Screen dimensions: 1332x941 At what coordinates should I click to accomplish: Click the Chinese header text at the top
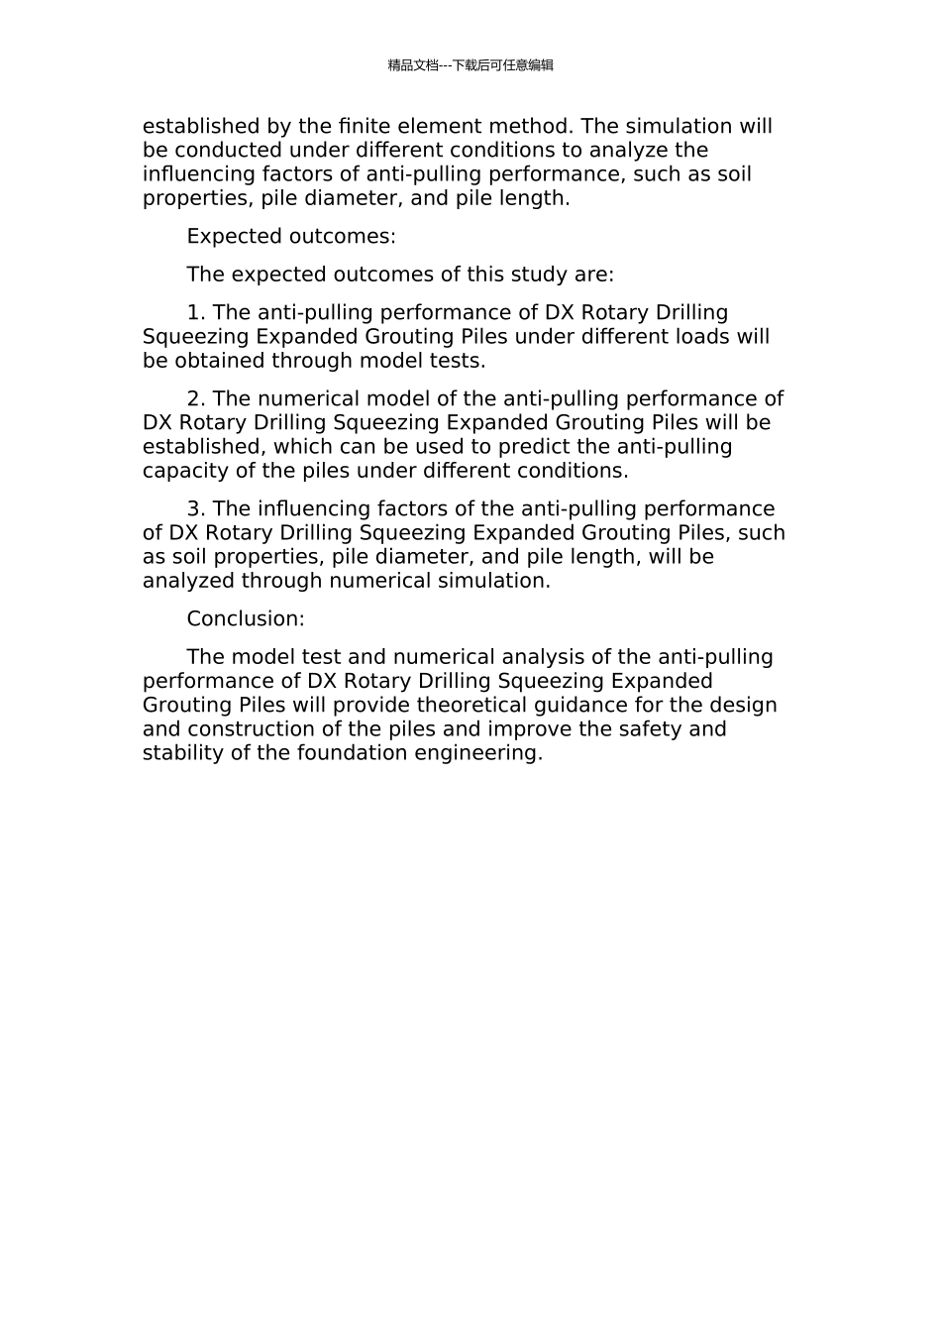click(x=470, y=65)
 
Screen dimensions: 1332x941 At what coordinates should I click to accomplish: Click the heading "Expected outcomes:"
click(x=291, y=237)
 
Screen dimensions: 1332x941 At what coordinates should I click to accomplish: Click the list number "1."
click(x=196, y=313)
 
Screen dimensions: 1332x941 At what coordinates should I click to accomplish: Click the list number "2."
click(x=196, y=399)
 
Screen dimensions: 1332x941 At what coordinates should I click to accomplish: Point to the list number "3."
click(x=196, y=509)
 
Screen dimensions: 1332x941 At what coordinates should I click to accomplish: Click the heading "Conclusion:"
click(x=246, y=619)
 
